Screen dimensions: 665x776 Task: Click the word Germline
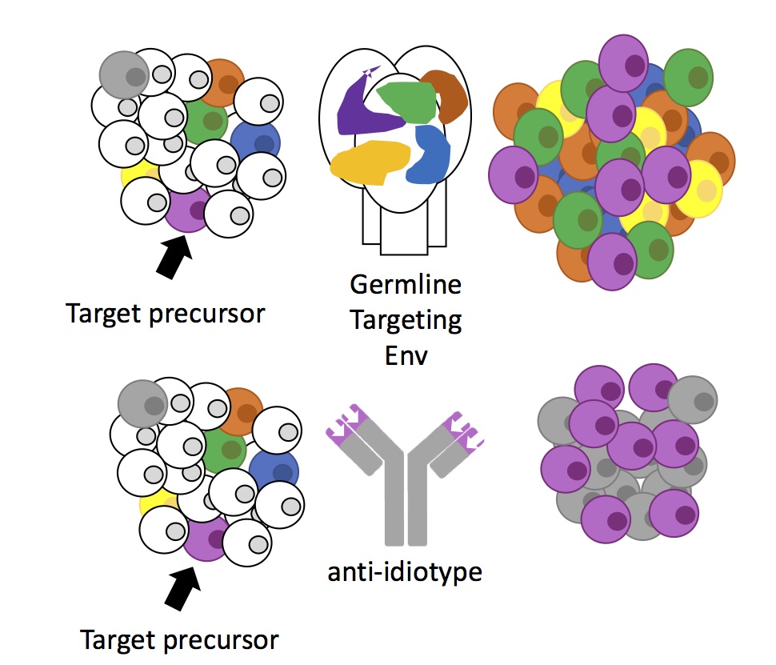pyautogui.click(x=406, y=286)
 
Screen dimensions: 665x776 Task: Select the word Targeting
pyautogui.click(x=406, y=320)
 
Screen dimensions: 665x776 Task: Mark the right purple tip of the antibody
pyautogui.click(x=465, y=425)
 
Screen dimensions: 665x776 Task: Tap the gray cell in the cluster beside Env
pyautogui.click(x=123, y=74)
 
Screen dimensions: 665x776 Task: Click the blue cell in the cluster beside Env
pyautogui.click(x=256, y=141)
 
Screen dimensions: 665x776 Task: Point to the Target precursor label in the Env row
pyautogui.click(x=165, y=313)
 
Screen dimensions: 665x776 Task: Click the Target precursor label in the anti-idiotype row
pyautogui.click(x=179, y=640)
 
